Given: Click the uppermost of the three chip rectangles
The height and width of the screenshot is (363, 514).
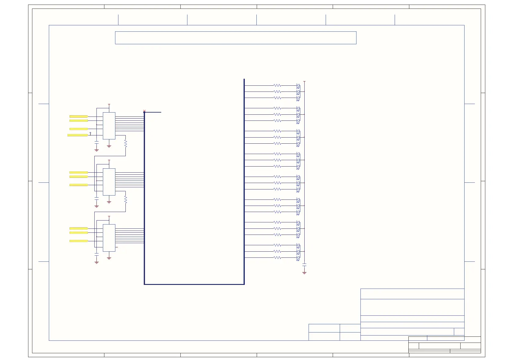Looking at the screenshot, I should point(109,126).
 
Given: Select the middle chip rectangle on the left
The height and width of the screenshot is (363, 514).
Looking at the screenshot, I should point(109,182).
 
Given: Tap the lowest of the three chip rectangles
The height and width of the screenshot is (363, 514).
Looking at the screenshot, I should point(109,238).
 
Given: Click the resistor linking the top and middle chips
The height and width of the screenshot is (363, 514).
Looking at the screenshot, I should point(125,143).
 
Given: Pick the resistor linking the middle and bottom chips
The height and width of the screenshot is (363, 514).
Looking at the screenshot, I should point(125,199).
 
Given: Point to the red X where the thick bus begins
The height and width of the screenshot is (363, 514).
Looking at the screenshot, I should point(144,111).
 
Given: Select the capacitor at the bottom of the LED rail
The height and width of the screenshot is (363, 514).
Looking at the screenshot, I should point(304,264).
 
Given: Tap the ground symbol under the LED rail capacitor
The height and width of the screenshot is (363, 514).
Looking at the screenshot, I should point(304,272).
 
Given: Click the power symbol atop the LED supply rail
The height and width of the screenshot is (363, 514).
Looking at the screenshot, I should point(304,82).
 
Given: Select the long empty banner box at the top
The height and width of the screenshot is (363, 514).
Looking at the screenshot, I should point(236,38).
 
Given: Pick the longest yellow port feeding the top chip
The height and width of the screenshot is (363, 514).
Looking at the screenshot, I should point(78,135).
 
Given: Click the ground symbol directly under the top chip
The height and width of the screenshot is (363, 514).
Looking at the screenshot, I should point(109,146).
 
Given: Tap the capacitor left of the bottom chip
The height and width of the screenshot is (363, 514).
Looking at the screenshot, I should point(96,254).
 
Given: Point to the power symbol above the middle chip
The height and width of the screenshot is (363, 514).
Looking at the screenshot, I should point(109,160).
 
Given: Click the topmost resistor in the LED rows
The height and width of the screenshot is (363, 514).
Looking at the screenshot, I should point(277,85).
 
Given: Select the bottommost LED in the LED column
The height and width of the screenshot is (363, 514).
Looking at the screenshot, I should point(298,258).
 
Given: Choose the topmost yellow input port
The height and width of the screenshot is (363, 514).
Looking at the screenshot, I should point(79,117).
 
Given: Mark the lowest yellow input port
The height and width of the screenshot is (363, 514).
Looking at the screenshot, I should point(79,241).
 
